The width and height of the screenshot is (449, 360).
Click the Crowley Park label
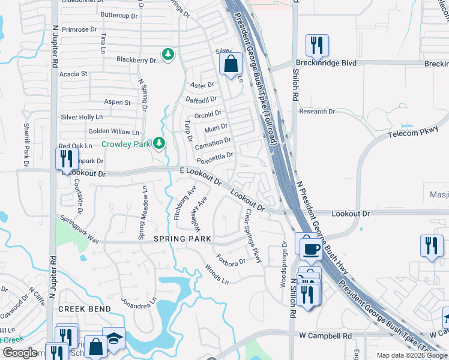pos(125,144)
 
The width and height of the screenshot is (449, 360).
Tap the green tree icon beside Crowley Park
pos(159,143)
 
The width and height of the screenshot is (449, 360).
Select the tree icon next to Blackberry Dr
pos(169,55)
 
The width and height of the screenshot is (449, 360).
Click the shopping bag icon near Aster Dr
pos(231,63)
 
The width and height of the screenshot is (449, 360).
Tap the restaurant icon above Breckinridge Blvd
pos(316,45)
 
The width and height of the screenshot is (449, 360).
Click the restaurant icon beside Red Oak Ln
pos(66,159)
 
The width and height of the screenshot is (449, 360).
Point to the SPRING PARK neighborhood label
pos(182,239)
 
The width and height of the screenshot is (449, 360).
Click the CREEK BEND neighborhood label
pos(84,308)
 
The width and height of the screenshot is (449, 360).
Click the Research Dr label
pos(316,112)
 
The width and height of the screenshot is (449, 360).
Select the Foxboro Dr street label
pos(231,262)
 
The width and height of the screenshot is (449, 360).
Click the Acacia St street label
pos(74,74)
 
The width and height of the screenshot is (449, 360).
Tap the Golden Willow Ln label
pos(113,131)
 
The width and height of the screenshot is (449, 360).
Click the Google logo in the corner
pos(20,353)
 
